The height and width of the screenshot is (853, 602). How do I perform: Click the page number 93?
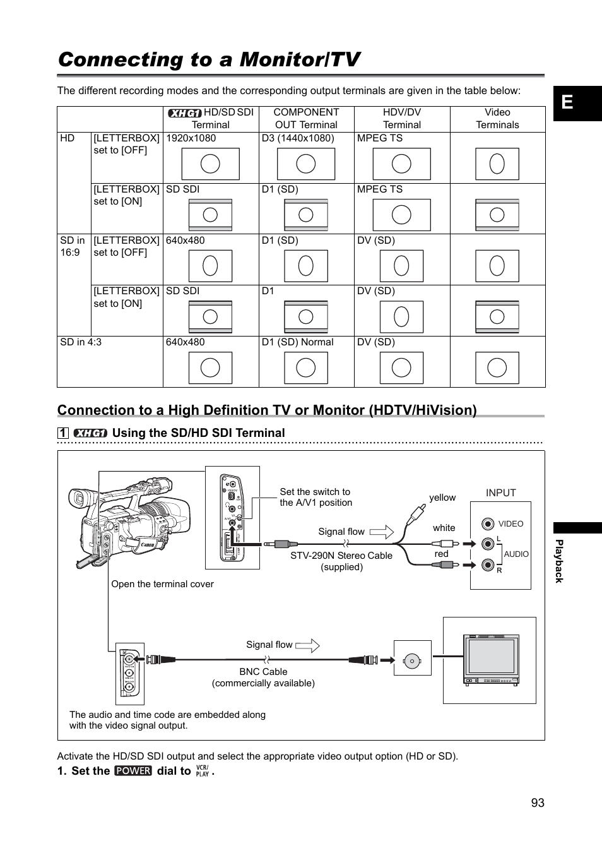click(537, 802)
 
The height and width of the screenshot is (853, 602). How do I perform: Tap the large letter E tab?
click(567, 102)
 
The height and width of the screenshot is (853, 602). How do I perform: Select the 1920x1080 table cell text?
click(191, 138)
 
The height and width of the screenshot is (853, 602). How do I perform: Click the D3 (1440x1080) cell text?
click(298, 138)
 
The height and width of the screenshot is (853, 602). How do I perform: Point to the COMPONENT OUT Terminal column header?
click(306, 119)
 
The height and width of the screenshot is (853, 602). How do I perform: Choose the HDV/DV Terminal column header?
click(401, 119)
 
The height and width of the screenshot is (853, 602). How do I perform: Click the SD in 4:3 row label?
click(81, 342)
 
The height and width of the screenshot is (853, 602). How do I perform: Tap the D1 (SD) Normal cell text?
click(297, 342)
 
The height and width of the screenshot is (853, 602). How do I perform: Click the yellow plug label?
click(442, 498)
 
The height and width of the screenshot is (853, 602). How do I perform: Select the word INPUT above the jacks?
click(500, 492)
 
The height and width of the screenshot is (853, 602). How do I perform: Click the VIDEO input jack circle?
click(488, 523)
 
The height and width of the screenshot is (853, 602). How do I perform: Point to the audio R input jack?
click(488, 565)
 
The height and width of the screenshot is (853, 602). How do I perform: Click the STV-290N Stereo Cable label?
click(341, 556)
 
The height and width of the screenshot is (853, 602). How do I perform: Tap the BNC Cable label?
click(263, 672)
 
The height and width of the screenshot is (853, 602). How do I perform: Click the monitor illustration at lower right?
click(490, 660)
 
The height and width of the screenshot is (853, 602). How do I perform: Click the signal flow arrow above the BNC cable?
click(307, 645)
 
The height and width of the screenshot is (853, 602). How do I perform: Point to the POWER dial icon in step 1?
click(133, 771)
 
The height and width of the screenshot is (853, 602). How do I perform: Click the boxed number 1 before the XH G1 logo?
click(62, 433)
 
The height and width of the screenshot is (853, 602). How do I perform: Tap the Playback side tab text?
click(558, 561)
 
